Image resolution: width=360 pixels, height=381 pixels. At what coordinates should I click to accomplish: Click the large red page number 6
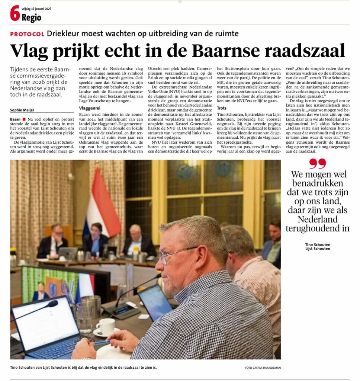tap(15, 14)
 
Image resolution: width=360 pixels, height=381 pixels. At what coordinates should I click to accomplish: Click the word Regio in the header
tap(31, 17)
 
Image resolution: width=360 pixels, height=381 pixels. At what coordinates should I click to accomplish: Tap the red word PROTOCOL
tap(27, 34)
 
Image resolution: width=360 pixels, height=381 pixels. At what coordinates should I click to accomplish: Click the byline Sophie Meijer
tap(22, 110)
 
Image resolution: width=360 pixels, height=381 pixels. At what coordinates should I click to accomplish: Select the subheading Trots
tap(222, 108)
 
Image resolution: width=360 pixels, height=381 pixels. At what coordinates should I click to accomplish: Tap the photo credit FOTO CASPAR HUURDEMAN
tap(263, 368)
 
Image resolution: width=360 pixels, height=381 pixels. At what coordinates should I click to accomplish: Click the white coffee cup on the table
tap(106, 326)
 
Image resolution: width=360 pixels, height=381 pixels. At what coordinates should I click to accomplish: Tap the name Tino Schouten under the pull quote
tap(317, 244)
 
